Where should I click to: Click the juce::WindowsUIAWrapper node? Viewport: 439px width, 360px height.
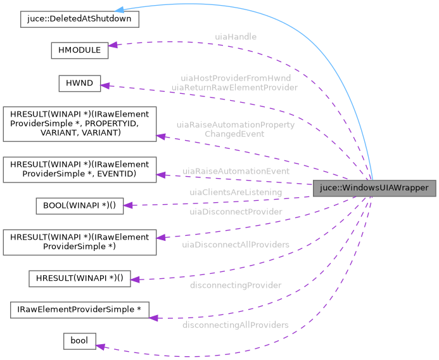374,188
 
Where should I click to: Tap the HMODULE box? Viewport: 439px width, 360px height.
79,51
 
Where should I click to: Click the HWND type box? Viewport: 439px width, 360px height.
80,84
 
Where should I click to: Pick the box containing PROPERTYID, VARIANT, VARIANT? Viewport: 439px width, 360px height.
79,124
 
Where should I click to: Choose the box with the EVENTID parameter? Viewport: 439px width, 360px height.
79,168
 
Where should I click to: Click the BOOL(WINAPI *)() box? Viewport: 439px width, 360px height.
79,205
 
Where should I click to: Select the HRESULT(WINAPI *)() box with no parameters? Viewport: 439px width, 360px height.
79,279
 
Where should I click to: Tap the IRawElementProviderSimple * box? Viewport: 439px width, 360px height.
79,310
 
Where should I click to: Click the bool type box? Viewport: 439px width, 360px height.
79,341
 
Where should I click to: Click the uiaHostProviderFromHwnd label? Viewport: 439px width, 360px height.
236,78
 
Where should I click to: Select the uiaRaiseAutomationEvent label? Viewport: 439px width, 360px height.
236,171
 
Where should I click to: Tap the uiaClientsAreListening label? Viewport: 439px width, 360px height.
236,191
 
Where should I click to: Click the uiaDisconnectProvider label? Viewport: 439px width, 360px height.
236,212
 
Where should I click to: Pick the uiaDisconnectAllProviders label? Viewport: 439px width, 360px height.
236,244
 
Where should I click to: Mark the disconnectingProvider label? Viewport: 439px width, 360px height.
236,285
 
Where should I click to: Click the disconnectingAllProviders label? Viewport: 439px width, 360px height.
236,325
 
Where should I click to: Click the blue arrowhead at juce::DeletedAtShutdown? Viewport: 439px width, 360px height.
143,11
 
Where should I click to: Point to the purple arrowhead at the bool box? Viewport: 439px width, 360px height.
100,345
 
